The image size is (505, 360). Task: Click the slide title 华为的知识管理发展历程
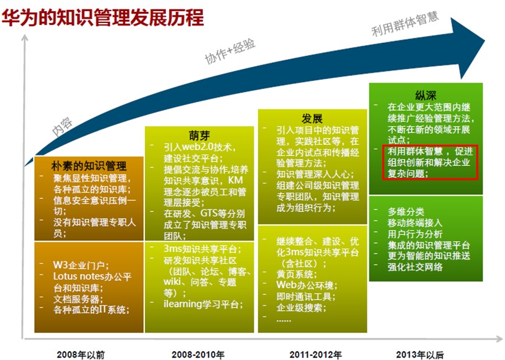(x=103, y=17)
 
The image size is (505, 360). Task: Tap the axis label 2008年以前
(x=80, y=354)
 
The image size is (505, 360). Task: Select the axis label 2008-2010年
(x=198, y=354)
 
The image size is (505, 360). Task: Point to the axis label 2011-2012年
(x=315, y=354)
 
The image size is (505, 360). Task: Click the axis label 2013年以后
(x=420, y=354)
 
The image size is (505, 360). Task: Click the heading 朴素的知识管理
(x=89, y=166)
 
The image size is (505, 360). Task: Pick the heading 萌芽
(x=200, y=136)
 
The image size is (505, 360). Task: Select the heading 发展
(x=312, y=119)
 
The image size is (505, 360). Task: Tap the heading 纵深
(x=425, y=95)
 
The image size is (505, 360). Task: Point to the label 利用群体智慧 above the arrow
(x=405, y=24)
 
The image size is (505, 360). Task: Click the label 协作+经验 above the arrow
(x=230, y=51)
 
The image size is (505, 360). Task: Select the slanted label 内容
(x=62, y=127)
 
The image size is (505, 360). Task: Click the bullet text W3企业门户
(x=80, y=265)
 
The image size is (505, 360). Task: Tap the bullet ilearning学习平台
(x=203, y=304)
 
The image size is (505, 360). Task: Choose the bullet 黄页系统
(x=296, y=274)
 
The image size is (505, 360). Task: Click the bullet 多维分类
(x=405, y=212)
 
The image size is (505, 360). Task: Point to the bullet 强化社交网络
(x=415, y=267)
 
